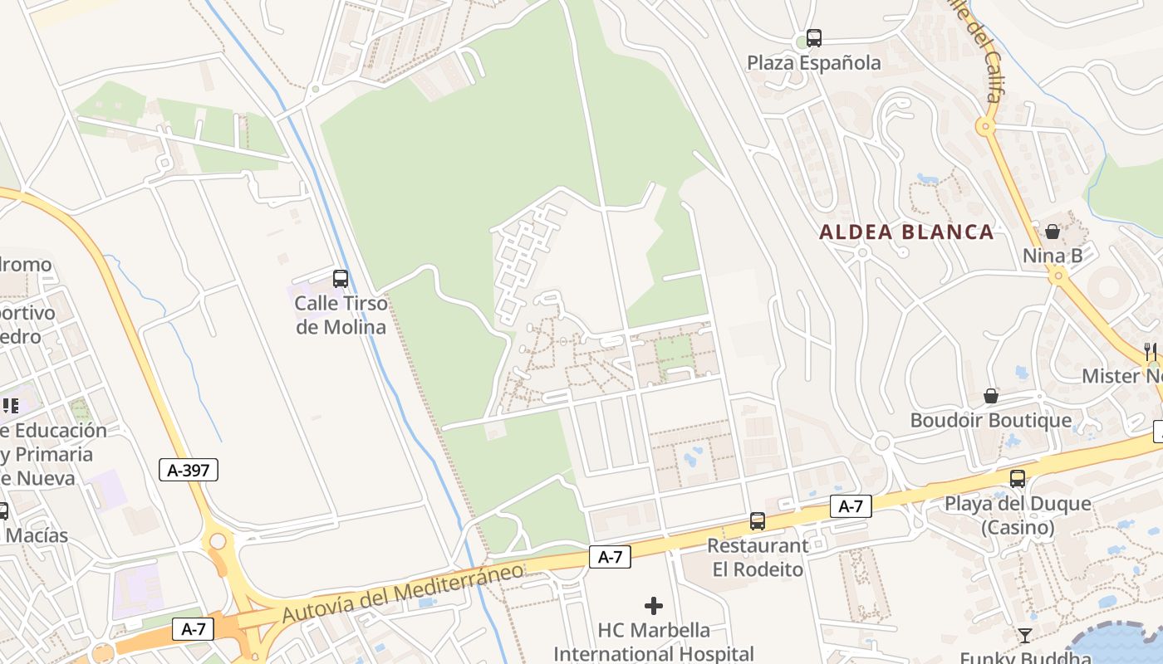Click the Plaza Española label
[813, 63]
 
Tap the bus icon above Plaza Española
[814, 38]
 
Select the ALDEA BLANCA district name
[906, 232]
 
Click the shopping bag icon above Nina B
[1053, 232]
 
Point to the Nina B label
[1053, 256]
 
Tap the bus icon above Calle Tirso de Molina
[341, 278]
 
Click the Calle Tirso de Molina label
[341, 315]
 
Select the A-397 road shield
[189, 471]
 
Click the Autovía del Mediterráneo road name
[403, 592]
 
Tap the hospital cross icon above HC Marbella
[654, 606]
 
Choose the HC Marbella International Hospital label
[654, 642]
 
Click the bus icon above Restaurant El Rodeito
[757, 521]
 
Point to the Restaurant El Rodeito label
[758, 558]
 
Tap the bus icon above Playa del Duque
[1018, 479]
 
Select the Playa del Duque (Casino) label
[1018, 515]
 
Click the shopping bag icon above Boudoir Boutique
[991, 396]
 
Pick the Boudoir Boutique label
[991, 420]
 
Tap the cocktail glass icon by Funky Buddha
[1025, 636]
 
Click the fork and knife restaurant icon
[1151, 351]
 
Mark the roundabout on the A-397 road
[218, 542]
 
